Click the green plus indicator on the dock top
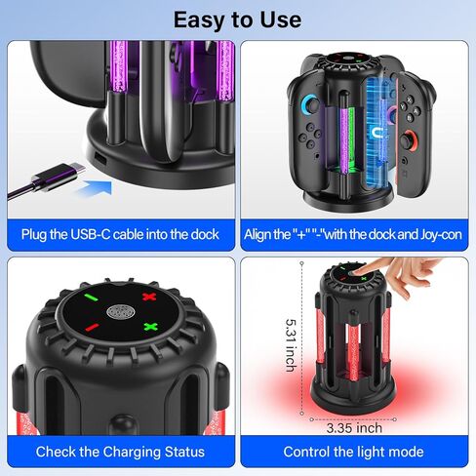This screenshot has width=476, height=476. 151,328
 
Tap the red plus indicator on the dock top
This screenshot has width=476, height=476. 149,297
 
